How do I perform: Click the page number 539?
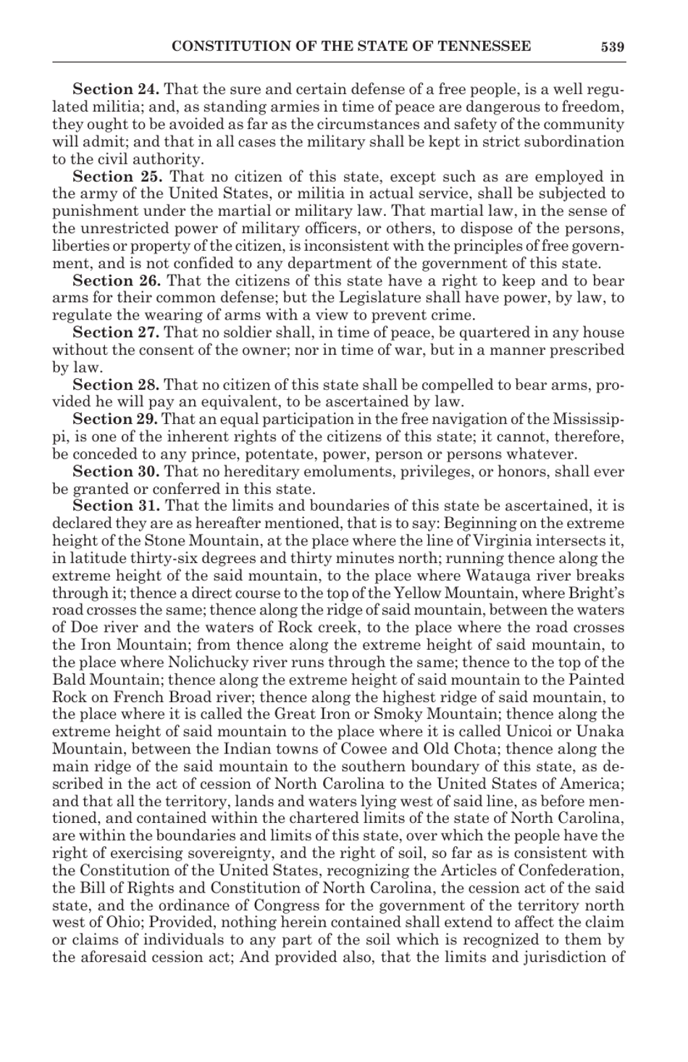click(611, 47)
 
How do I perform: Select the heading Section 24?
click(116, 90)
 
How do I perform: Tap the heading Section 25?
click(117, 177)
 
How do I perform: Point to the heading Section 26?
click(117, 281)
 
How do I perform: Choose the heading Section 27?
click(117, 333)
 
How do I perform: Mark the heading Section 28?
click(117, 385)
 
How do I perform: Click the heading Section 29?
click(115, 420)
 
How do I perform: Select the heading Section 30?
click(117, 472)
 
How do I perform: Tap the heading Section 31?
click(117, 506)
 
